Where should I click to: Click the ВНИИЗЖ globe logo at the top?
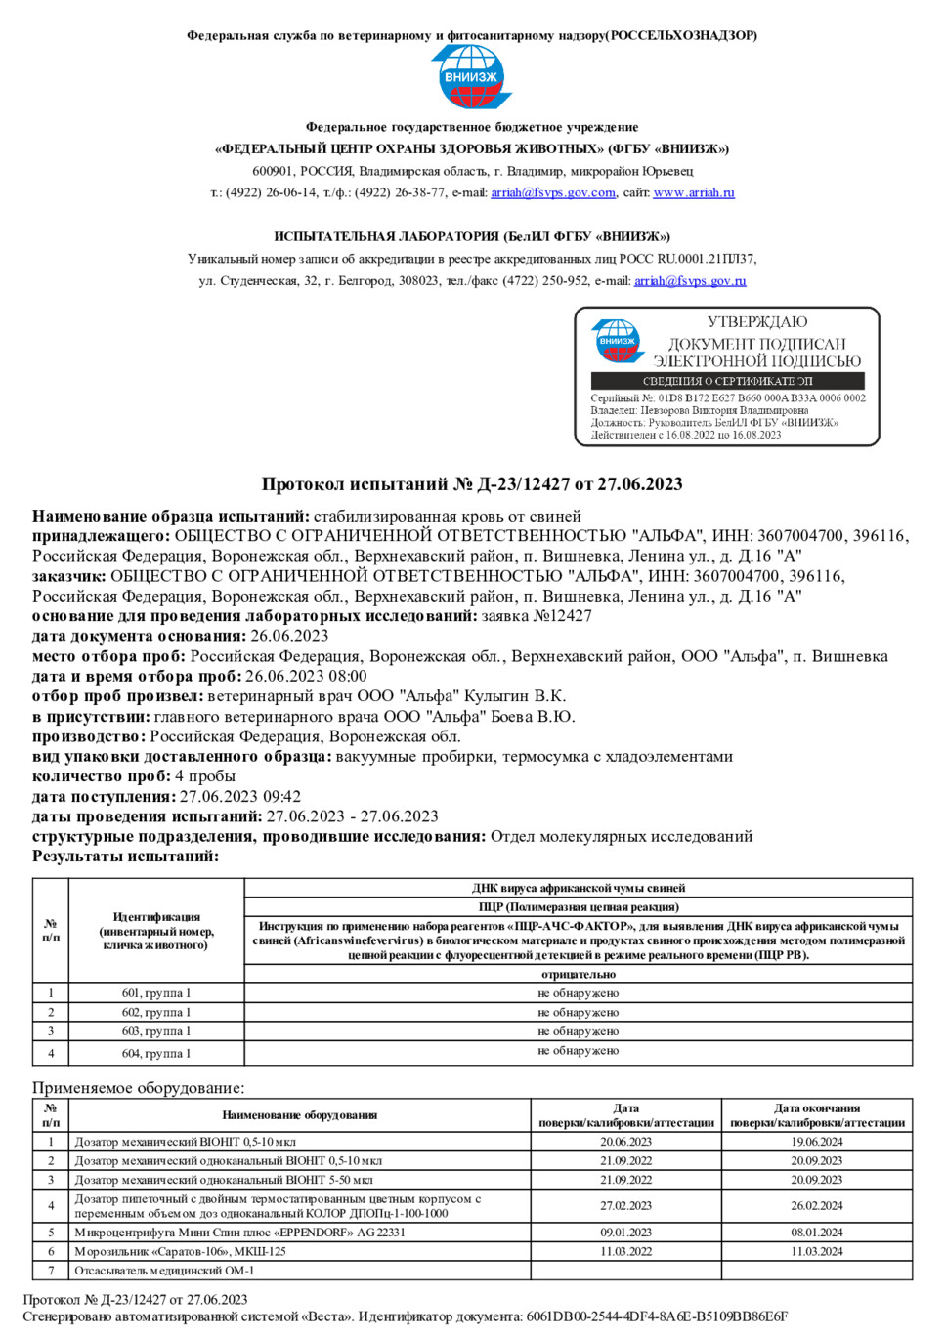point(472,76)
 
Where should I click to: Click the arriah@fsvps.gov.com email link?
point(553,192)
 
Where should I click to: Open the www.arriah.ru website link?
point(693,192)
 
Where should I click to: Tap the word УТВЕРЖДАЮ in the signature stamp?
point(757,322)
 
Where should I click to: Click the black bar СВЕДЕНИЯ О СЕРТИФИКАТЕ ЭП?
point(727,381)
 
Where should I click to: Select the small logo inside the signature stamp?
point(618,341)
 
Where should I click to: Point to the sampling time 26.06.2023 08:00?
point(306,676)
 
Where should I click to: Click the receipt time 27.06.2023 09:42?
point(240,796)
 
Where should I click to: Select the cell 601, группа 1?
point(156,993)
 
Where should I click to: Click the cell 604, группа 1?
point(156,1053)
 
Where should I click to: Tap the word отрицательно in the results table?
point(579,974)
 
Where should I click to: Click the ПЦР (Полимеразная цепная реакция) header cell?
point(579,906)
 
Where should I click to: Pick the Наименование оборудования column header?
point(299,1114)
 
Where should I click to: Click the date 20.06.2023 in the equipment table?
point(625,1142)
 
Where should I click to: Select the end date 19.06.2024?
point(817,1142)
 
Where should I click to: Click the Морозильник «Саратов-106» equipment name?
point(181,1251)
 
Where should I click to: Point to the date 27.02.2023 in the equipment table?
point(625,1206)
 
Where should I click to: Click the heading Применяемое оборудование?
point(139,1088)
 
